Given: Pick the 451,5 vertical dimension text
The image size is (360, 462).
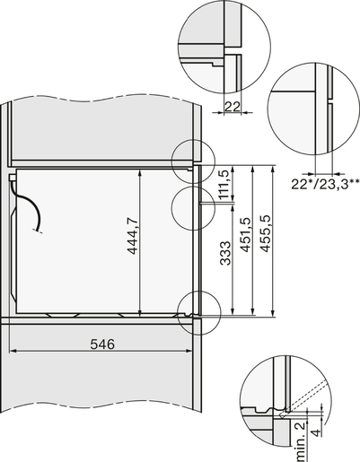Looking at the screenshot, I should coord(244,235).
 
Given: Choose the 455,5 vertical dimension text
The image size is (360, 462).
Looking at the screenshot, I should coord(265,235).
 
